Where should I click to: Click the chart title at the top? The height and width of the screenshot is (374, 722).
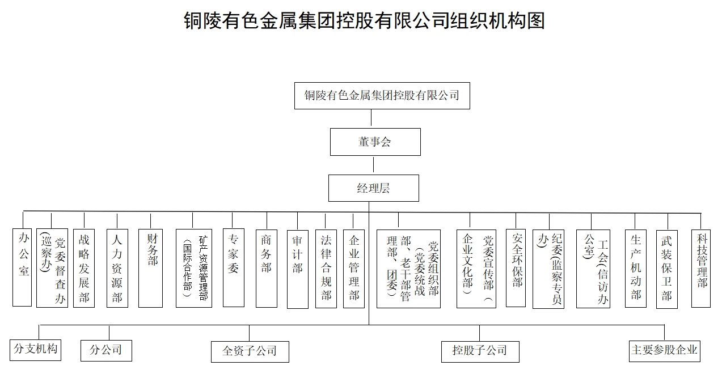(x=364, y=20)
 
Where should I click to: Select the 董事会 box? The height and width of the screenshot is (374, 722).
(x=375, y=142)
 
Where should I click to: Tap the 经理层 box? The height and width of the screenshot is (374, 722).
(x=374, y=188)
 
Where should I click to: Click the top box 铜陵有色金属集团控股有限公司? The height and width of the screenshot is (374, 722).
(x=382, y=96)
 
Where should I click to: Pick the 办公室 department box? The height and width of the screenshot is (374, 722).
(x=22, y=267)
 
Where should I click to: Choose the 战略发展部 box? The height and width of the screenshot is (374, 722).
(x=84, y=269)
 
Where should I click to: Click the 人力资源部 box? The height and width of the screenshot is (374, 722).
(x=117, y=269)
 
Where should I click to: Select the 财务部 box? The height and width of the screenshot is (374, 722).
(x=150, y=269)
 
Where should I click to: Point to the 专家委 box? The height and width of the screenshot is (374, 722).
(x=234, y=267)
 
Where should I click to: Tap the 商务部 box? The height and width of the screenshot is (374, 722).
(x=267, y=269)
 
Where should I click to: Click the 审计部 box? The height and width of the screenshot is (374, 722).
(x=298, y=269)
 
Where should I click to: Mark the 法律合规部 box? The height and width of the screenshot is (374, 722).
(x=326, y=269)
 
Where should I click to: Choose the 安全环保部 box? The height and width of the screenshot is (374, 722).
(x=516, y=268)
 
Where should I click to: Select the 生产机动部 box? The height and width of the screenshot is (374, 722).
(x=636, y=269)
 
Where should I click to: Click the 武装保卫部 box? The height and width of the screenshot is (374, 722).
(x=667, y=269)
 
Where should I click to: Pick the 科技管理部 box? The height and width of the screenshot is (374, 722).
(x=701, y=269)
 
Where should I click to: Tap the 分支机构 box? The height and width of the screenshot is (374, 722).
(x=36, y=350)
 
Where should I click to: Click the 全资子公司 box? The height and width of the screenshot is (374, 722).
(x=250, y=352)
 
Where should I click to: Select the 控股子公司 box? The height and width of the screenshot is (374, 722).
(x=480, y=352)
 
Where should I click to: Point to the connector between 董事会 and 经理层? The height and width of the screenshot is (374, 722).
(x=374, y=165)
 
